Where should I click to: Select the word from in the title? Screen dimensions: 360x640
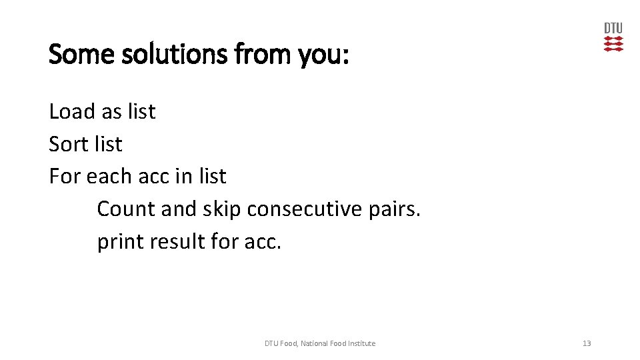pos(257,54)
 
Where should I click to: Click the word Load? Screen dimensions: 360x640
pos(71,111)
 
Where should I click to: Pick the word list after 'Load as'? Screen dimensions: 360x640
pos(141,111)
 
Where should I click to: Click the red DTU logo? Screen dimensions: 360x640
pos(613,37)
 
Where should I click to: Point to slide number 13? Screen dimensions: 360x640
pos(587,343)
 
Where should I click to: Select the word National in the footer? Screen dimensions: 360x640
pos(314,343)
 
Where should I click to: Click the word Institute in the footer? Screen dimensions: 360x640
pos(360,343)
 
